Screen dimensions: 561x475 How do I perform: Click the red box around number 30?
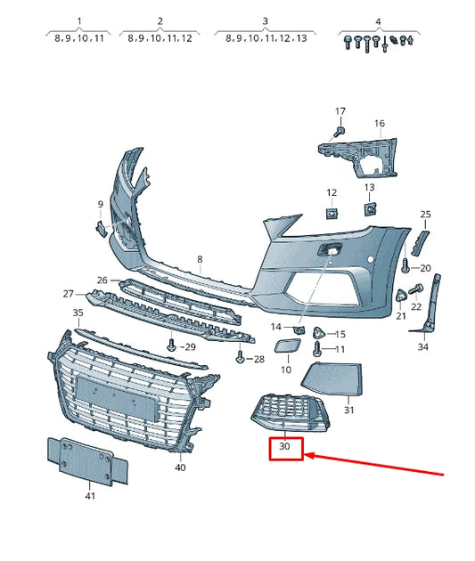point(287,448)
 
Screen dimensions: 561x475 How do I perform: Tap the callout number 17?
point(340,111)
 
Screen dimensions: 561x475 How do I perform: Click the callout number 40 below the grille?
point(180,467)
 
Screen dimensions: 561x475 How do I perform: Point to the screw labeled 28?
point(240,357)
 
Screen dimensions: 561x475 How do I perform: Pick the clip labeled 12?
point(332,213)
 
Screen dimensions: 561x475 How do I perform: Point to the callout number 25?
point(425,215)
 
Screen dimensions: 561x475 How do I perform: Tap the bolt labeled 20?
point(406,265)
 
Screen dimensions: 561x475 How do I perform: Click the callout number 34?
point(422,346)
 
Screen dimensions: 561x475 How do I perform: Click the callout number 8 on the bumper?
point(200,259)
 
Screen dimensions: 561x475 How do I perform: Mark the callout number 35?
point(78,313)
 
